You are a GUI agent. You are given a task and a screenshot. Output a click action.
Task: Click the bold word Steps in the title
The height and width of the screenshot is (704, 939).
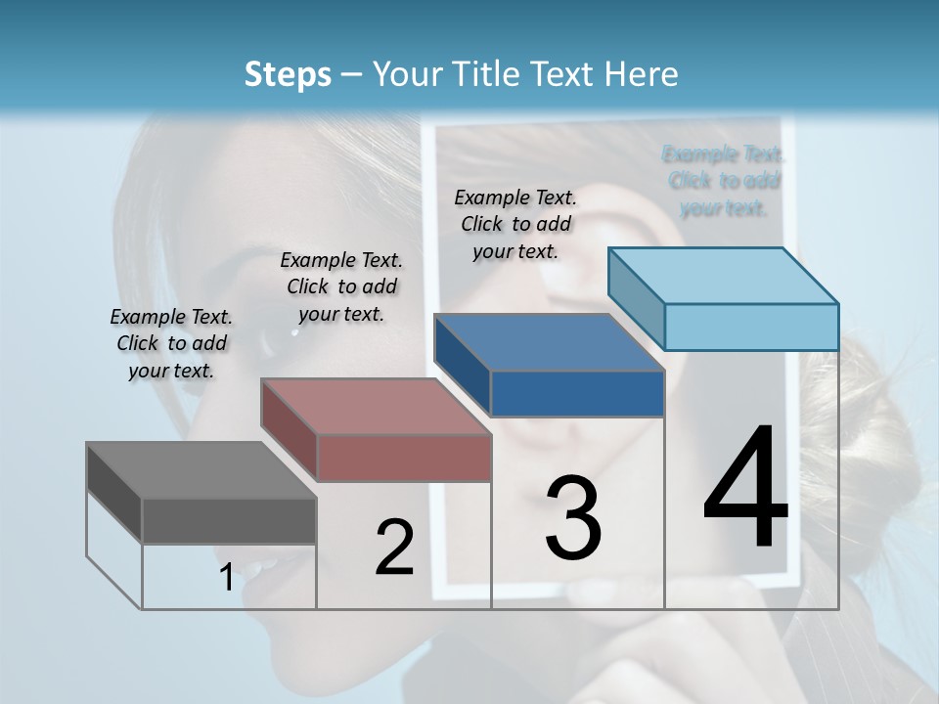pos(288,74)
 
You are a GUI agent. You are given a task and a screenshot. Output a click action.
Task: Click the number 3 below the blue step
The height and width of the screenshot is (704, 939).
pos(573,518)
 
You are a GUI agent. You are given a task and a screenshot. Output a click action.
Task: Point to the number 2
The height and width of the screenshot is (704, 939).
pos(395,548)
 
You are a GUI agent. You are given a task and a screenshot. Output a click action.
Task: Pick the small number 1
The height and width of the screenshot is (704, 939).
pos(227,578)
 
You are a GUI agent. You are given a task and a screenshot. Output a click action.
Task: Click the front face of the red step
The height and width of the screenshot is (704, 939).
pos(404,458)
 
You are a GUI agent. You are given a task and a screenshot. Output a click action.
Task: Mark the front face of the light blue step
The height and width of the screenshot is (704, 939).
pos(751,327)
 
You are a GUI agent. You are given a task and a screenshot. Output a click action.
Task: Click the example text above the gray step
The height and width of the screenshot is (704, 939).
pos(171,343)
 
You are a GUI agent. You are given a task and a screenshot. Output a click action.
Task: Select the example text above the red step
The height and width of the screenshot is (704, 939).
pos(341,286)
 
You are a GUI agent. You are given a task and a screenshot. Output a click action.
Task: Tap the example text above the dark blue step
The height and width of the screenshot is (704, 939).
pos(515,224)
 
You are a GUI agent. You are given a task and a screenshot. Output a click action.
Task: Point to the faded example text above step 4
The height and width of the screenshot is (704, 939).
pos(724,181)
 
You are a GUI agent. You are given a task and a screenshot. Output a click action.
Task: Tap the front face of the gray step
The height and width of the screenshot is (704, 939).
pos(229,520)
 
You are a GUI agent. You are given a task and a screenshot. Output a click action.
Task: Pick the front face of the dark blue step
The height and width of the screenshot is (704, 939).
pos(577,393)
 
